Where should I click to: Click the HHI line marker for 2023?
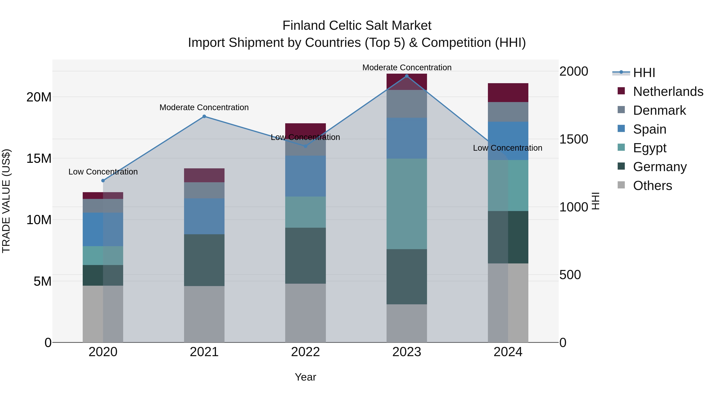tap(407, 76)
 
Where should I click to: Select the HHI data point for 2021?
tap(204, 116)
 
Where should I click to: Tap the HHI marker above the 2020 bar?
tap(103, 181)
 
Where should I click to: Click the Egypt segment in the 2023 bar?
tap(407, 204)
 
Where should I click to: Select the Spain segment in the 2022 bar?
tap(305, 176)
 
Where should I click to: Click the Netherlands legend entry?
tap(668, 92)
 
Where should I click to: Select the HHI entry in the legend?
tap(644, 73)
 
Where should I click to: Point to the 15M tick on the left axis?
tap(39, 158)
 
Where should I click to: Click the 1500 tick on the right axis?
tap(573, 139)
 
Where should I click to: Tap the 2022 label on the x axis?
tap(305, 352)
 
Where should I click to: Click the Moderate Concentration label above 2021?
tap(204, 107)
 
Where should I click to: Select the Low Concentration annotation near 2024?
tap(508, 148)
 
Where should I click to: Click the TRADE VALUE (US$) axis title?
tap(6, 201)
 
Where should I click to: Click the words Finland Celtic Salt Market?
tap(357, 26)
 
